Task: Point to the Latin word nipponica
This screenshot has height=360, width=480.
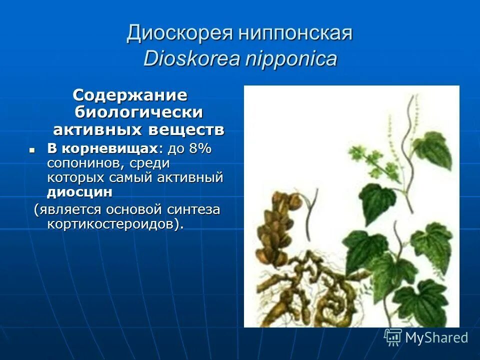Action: coord(291,59)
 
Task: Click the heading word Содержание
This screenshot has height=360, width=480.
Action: coord(130,94)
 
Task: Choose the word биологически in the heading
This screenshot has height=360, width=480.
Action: coord(139,112)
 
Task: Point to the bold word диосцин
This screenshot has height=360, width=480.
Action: coord(79,192)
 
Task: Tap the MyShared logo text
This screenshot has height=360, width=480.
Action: coord(436,337)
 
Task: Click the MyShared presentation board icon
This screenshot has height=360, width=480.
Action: coord(392,337)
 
